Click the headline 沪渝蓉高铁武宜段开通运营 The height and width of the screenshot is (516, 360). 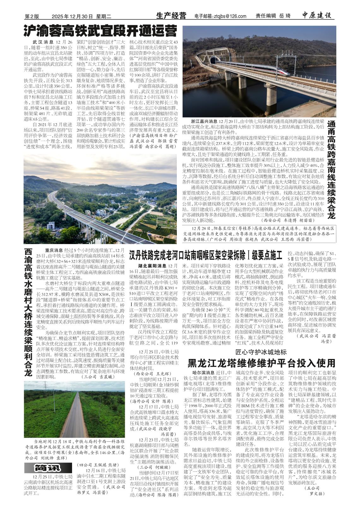coord(100,32)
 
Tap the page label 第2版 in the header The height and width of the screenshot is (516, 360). coord(32,16)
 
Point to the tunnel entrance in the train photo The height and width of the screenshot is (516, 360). coord(216,60)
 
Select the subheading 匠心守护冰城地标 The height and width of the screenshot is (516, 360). coord(261,352)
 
